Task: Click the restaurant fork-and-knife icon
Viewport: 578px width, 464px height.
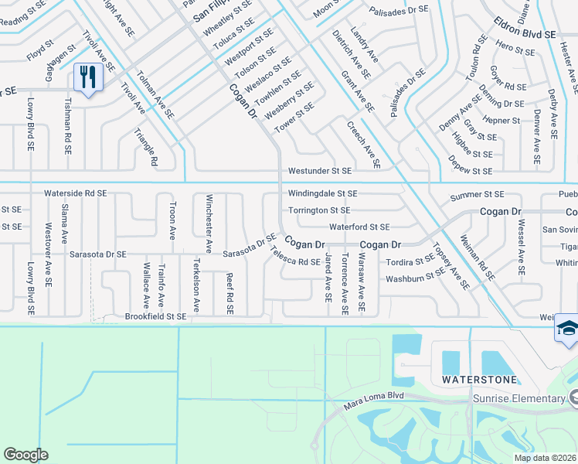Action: [x=87, y=77]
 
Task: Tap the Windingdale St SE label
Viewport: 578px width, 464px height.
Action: [x=322, y=193]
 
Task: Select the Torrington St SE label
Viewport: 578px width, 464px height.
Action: [x=319, y=210]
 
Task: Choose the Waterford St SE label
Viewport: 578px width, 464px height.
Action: [x=359, y=227]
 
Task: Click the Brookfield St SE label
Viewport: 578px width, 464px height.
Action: [x=155, y=316]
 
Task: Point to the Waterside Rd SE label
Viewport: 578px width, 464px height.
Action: [x=75, y=193]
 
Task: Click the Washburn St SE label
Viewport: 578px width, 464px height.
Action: [x=416, y=277]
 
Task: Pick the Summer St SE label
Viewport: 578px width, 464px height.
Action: [x=477, y=194]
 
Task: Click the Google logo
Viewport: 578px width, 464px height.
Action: [x=25, y=455]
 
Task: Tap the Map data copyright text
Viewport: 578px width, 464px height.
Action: [x=545, y=458]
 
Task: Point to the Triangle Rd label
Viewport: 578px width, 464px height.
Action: [x=147, y=145]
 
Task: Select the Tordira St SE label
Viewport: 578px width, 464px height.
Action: [x=410, y=261]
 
